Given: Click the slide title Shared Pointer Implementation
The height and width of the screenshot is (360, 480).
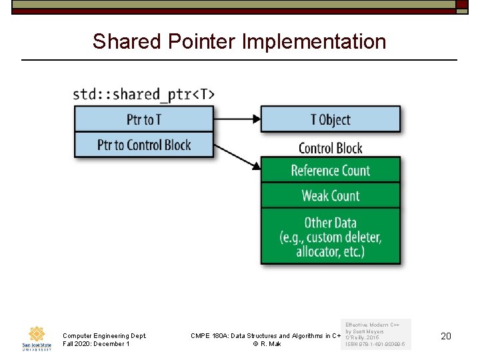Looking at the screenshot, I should (239, 41).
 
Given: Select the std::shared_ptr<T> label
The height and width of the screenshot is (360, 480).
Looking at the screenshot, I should (143, 94).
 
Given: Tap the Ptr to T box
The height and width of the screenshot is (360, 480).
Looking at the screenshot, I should (143, 119).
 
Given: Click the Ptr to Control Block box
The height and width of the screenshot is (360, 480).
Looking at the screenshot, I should (143, 145).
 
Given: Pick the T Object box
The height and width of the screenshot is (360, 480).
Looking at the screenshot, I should (330, 119).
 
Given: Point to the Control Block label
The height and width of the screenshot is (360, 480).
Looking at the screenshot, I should (330, 148).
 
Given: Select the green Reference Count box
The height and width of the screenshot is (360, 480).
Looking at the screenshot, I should (330, 170).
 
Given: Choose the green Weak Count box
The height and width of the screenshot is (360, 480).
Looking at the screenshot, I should (330, 195).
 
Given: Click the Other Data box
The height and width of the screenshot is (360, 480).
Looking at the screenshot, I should (330, 237).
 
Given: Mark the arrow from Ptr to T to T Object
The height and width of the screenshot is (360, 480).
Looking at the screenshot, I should (237, 119).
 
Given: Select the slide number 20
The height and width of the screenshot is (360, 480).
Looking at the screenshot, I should (446, 336).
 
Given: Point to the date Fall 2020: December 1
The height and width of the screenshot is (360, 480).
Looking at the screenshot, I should (95, 344).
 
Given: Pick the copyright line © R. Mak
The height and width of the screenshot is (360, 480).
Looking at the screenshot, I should (267, 344).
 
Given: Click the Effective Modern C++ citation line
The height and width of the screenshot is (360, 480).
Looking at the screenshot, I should (372, 324).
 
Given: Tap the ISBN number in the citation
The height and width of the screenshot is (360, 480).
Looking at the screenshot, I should (375, 345).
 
